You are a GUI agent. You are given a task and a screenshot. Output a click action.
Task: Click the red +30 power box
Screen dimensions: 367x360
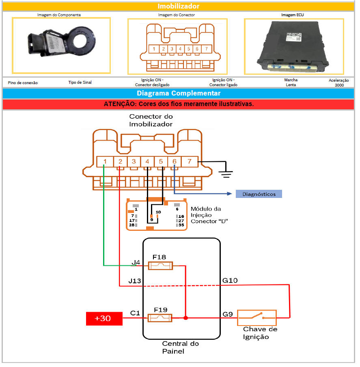click(104, 318)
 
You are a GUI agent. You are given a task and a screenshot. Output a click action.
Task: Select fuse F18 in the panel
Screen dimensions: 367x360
click(160, 266)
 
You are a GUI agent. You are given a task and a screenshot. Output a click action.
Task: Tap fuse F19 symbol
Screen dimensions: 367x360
click(160, 318)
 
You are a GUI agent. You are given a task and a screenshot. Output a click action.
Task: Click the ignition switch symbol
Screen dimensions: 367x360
click(257, 317)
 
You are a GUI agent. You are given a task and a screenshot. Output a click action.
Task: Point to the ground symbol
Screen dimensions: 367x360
click(226, 173)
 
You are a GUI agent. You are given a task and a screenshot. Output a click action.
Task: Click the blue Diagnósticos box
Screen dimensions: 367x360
click(259, 194)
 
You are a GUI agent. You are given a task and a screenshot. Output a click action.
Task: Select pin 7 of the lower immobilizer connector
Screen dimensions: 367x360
click(189, 161)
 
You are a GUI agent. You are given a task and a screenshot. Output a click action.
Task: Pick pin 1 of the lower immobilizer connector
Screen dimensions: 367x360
click(105, 161)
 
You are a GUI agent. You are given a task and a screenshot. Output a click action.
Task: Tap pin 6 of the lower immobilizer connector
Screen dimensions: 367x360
click(175, 161)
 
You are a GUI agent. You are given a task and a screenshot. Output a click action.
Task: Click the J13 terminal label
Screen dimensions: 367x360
click(134, 281)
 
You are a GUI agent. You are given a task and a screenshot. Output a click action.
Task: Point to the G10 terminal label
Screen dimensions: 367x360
click(230, 280)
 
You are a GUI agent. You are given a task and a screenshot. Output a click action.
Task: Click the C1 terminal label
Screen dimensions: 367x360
click(135, 313)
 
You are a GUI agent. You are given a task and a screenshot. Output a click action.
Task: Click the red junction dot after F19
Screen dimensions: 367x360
click(185, 318)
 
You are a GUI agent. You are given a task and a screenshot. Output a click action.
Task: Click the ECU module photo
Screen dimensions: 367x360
click(294, 46)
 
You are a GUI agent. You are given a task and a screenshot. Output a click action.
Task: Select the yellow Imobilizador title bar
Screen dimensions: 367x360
click(179, 6)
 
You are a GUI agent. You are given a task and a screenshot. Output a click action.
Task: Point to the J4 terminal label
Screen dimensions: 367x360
click(136, 263)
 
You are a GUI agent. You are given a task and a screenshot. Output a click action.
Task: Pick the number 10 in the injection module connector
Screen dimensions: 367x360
click(158, 212)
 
